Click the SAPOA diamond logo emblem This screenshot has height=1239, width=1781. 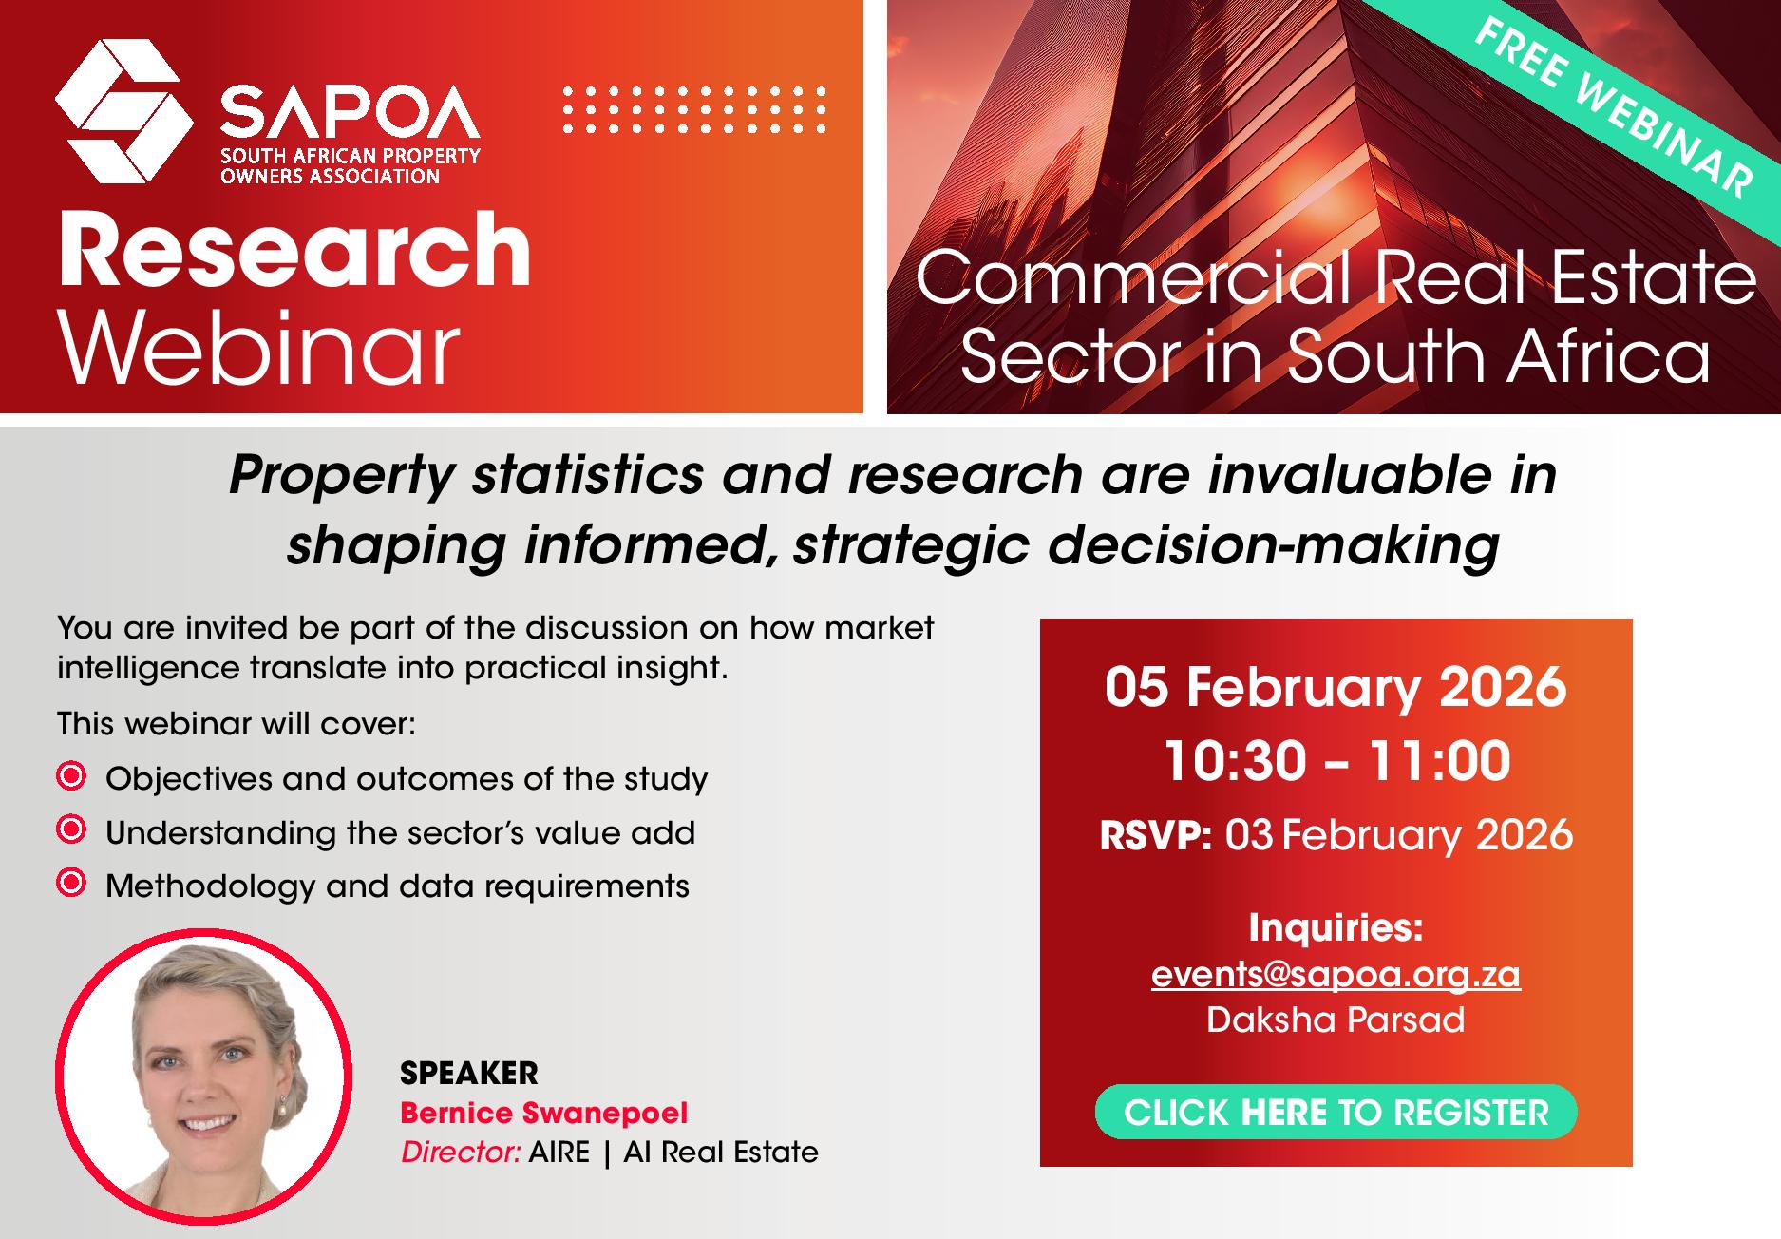[118, 111]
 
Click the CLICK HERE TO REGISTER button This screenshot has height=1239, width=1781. [1336, 1112]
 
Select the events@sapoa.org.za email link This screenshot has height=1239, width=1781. [1336, 974]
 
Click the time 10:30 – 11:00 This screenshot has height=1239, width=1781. [1336, 760]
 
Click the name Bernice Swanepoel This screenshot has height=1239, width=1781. [543, 1113]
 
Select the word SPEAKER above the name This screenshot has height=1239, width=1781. [468, 1073]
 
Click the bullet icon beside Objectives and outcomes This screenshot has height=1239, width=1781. [71, 776]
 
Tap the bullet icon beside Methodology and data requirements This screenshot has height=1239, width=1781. [71, 884]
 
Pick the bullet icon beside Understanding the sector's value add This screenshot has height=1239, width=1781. [71, 829]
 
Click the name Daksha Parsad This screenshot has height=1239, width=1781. [1336, 1020]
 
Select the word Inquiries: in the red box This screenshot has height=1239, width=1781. [1336, 927]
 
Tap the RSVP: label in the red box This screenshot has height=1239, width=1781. [1155, 835]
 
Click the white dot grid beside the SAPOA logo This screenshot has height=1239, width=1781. [694, 109]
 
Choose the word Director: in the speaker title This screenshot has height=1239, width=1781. [461, 1152]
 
